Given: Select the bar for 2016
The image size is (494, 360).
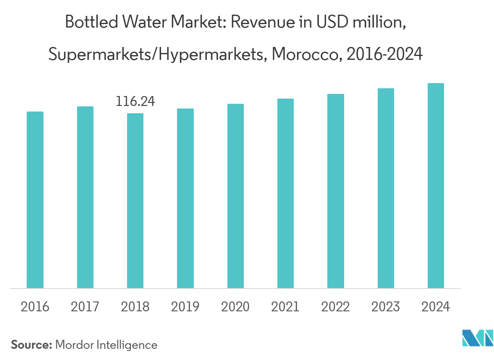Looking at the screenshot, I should coord(35,200).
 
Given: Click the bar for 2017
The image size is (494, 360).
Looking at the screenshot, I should coord(85,197).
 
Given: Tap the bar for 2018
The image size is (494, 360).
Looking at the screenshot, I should coord(135,201).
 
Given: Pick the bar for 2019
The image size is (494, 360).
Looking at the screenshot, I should coord(185,198).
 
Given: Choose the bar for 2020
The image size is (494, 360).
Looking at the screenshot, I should coord(236,196).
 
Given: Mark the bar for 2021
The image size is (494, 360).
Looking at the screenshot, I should coord(286,193).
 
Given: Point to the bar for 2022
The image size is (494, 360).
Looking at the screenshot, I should coord(336,191).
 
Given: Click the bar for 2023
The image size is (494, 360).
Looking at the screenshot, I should coord(386,188).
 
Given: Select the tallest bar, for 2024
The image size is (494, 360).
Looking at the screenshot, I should coord(436,186).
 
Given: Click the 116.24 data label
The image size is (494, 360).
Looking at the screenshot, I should coord(135,102).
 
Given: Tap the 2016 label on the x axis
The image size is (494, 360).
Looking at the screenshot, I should coord(35,307).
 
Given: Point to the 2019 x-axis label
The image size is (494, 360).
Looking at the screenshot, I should coord(185,307).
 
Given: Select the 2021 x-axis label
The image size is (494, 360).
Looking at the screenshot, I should coord(286,307).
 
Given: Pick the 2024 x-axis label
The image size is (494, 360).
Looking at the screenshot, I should coord(436,307).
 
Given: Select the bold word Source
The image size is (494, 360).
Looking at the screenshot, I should coord(31,344).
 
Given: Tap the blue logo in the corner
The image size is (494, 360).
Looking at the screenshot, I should coord(477,338).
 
